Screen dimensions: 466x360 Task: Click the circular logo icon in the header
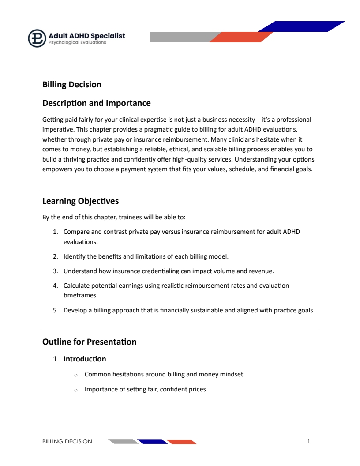37,38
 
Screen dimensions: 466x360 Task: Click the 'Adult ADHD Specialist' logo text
87,35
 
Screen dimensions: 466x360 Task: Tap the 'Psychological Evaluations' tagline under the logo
77,43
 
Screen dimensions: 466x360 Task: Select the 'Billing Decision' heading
72,84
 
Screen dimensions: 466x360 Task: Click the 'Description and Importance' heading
96,103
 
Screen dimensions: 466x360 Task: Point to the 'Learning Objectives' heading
80,201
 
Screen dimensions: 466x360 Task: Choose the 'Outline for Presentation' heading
89,342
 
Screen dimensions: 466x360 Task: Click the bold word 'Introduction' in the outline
85,359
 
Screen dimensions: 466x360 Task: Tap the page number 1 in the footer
309,441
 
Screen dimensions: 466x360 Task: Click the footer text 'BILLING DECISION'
67,441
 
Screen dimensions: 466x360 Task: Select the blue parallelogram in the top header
301,26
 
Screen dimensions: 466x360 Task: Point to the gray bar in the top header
181,37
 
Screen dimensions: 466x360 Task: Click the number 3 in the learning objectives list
55,271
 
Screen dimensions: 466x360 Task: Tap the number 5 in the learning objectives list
55,310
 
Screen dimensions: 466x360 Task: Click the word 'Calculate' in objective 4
76,286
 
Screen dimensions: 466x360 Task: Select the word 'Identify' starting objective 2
74,256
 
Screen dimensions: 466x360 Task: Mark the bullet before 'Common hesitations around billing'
76,375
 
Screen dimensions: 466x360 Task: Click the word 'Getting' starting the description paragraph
52,120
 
